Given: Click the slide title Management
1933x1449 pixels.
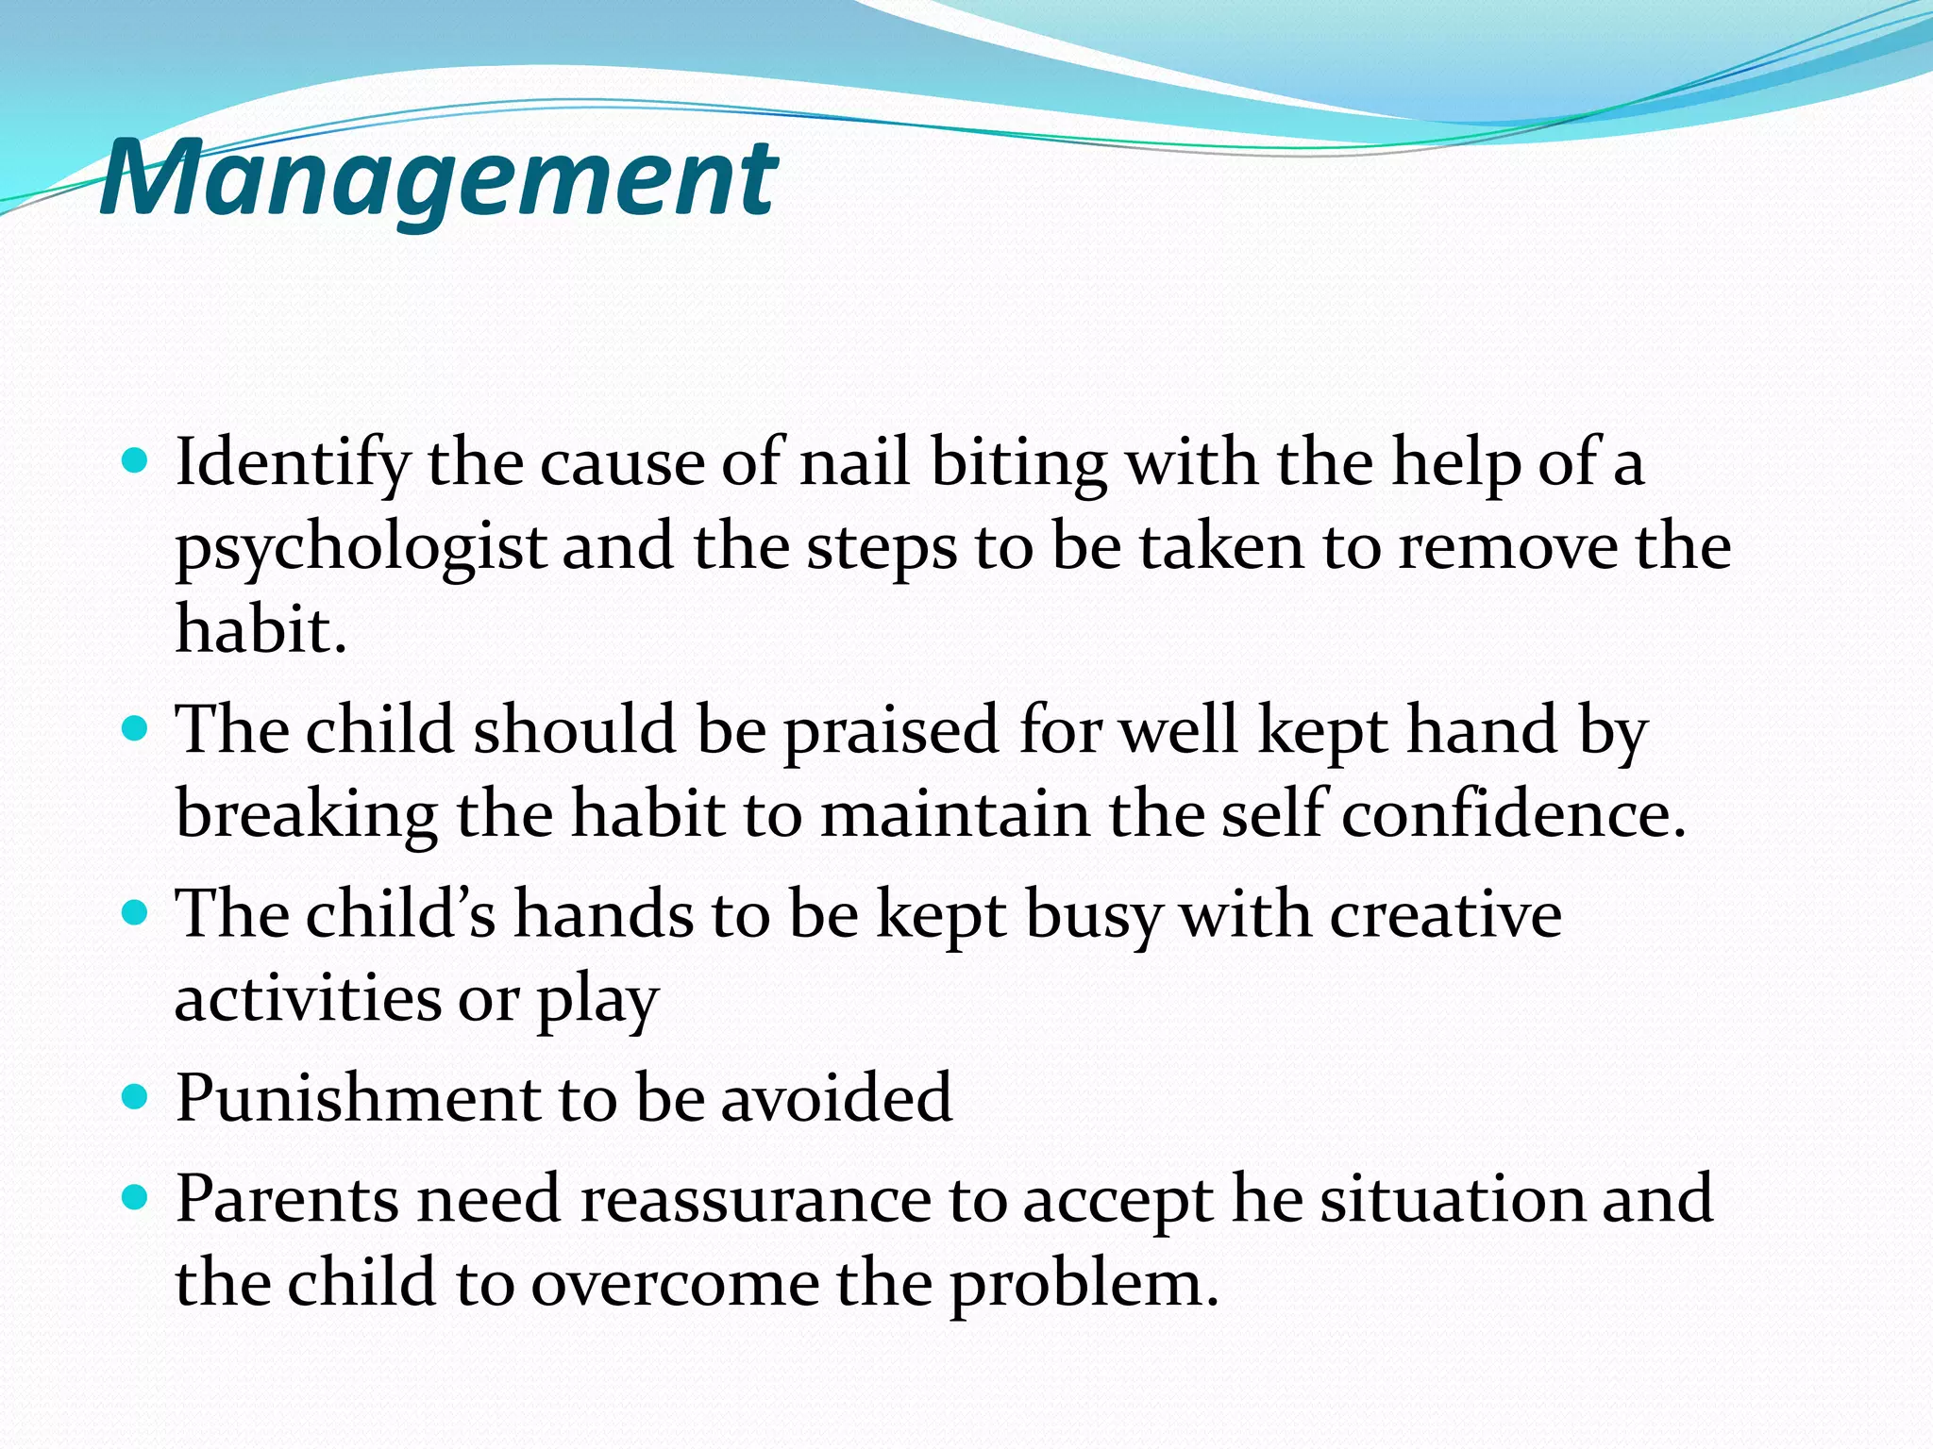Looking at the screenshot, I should (439, 177).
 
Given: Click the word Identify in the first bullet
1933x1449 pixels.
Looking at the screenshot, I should (293, 464).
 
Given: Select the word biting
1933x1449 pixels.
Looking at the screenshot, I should (1018, 464).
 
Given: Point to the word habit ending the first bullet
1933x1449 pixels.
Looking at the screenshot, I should (260, 629).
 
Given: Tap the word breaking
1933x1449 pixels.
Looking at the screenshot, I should (307, 814).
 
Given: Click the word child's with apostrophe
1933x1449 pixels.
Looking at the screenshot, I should (400, 914).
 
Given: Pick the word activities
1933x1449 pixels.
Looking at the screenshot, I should (308, 998).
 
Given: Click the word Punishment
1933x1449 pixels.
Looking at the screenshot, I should (358, 1098).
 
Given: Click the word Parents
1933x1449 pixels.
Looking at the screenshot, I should (287, 1199).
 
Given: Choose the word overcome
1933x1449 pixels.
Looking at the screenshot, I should (675, 1284).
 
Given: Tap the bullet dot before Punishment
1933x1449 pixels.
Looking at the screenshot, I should (136, 1096).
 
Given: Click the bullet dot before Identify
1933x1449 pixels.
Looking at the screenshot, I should (136, 461).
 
